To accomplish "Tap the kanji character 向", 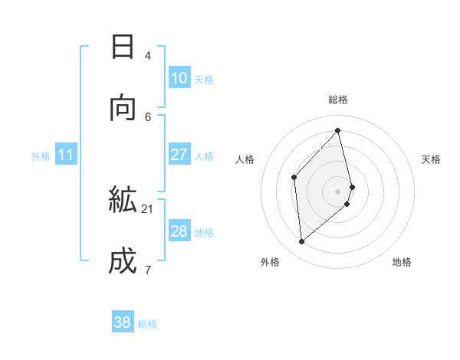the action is tap(123, 108).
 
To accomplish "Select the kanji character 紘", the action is tap(123, 199).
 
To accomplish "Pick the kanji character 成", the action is tap(123, 261).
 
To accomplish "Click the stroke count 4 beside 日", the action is tap(148, 55).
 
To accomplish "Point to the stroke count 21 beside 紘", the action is tap(148, 208).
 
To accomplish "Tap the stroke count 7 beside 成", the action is tap(148, 270).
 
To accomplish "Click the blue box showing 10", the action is tap(179, 78).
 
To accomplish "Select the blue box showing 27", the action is tap(179, 155).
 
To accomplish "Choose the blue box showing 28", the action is tap(179, 231).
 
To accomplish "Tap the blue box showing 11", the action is tap(66, 155).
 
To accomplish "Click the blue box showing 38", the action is tap(123, 323).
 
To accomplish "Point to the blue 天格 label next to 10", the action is tap(204, 80).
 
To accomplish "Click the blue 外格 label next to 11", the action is tap(41, 156).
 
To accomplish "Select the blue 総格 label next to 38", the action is tap(147, 325).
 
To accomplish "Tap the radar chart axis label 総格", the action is tap(338, 100).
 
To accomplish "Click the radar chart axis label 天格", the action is tap(431, 159).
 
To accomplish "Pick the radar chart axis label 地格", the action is tap(402, 262).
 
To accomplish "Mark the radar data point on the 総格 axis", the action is tap(338, 130).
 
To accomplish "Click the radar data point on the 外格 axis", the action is tap(302, 242).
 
